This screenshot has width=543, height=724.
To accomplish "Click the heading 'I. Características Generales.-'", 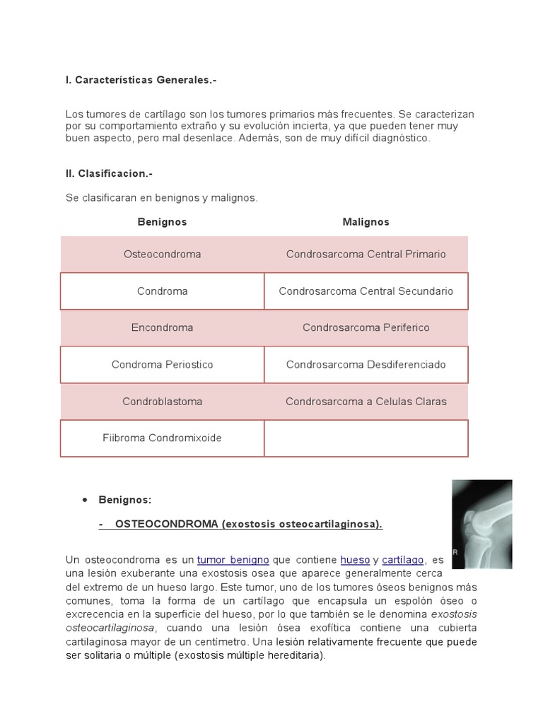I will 141,81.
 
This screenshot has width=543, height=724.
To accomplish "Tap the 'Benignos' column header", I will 162,222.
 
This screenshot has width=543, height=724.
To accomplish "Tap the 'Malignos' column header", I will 366,222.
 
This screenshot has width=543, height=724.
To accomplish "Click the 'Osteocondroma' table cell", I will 162,255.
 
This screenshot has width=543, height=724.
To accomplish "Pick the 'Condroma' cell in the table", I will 162,291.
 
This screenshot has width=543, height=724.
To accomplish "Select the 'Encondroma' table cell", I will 162,328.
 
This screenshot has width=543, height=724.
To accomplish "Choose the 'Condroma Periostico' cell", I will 162,365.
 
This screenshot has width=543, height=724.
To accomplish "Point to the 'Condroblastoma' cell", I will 162,402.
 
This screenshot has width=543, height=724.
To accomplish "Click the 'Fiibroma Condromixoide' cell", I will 162,438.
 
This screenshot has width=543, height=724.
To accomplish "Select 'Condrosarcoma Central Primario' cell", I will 366,255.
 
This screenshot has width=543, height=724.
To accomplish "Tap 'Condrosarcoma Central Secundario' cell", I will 366,291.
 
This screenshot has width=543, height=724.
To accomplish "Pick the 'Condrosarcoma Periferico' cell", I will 366,328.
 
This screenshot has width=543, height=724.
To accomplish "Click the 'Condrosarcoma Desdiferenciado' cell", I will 366,365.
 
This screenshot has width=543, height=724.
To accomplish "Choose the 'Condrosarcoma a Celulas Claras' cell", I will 366,402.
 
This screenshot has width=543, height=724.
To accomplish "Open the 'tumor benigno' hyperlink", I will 233,560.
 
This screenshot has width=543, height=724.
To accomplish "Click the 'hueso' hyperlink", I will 355,560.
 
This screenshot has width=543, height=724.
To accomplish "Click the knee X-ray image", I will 481,524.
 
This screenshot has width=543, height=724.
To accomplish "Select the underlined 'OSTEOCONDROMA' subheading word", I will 167,524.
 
